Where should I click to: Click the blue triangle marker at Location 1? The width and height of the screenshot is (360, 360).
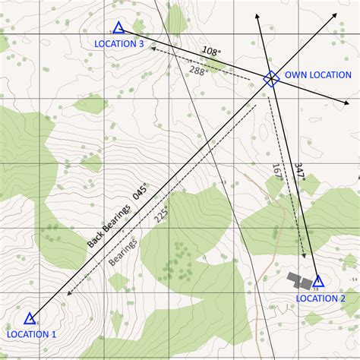30,318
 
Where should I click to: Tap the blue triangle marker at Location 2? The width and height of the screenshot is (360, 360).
318,281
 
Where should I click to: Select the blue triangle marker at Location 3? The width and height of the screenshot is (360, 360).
118,28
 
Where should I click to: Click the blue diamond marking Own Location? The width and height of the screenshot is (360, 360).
270,77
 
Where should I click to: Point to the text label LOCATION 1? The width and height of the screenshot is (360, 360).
31,334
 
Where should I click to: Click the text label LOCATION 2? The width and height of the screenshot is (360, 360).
321,298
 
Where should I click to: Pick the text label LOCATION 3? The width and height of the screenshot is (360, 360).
119,44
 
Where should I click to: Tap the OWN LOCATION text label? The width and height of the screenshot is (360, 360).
318,75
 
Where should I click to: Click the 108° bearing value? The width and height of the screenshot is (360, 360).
212,52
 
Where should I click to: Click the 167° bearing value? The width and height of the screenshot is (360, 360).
277,171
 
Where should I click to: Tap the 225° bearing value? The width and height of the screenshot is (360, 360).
161,216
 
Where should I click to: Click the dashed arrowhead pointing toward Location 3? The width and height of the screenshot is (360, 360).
153,48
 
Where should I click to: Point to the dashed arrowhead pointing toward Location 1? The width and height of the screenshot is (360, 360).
70,292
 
